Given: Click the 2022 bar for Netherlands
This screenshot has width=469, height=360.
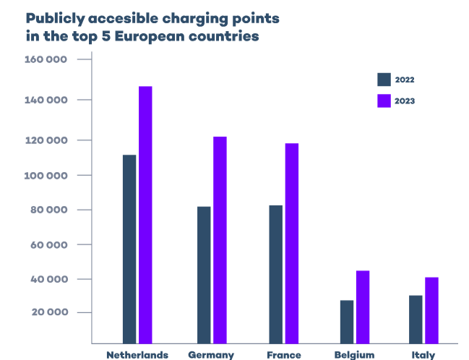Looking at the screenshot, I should (129, 249).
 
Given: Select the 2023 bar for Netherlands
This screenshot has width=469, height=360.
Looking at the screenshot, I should (145, 215).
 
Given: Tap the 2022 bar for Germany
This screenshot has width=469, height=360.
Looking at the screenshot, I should (204, 275).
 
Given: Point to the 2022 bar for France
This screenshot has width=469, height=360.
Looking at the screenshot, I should (275, 274).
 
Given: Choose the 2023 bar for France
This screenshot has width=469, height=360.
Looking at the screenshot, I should (291, 243).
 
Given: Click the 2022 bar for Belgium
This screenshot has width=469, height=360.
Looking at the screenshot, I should (347, 321).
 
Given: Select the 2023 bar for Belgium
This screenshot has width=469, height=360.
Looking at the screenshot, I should (363, 307).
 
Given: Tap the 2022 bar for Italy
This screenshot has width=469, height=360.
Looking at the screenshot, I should (416, 319).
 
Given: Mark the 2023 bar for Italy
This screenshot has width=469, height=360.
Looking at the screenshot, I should (431, 310).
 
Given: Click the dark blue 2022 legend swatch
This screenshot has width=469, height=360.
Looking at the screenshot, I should (384, 80).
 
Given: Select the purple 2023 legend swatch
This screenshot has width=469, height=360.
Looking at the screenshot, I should (384, 100).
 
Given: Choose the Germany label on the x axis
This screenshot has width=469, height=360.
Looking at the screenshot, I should (211, 354).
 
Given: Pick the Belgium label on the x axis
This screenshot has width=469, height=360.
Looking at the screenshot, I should (355, 354).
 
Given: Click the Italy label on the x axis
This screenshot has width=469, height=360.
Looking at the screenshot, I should (423, 354).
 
